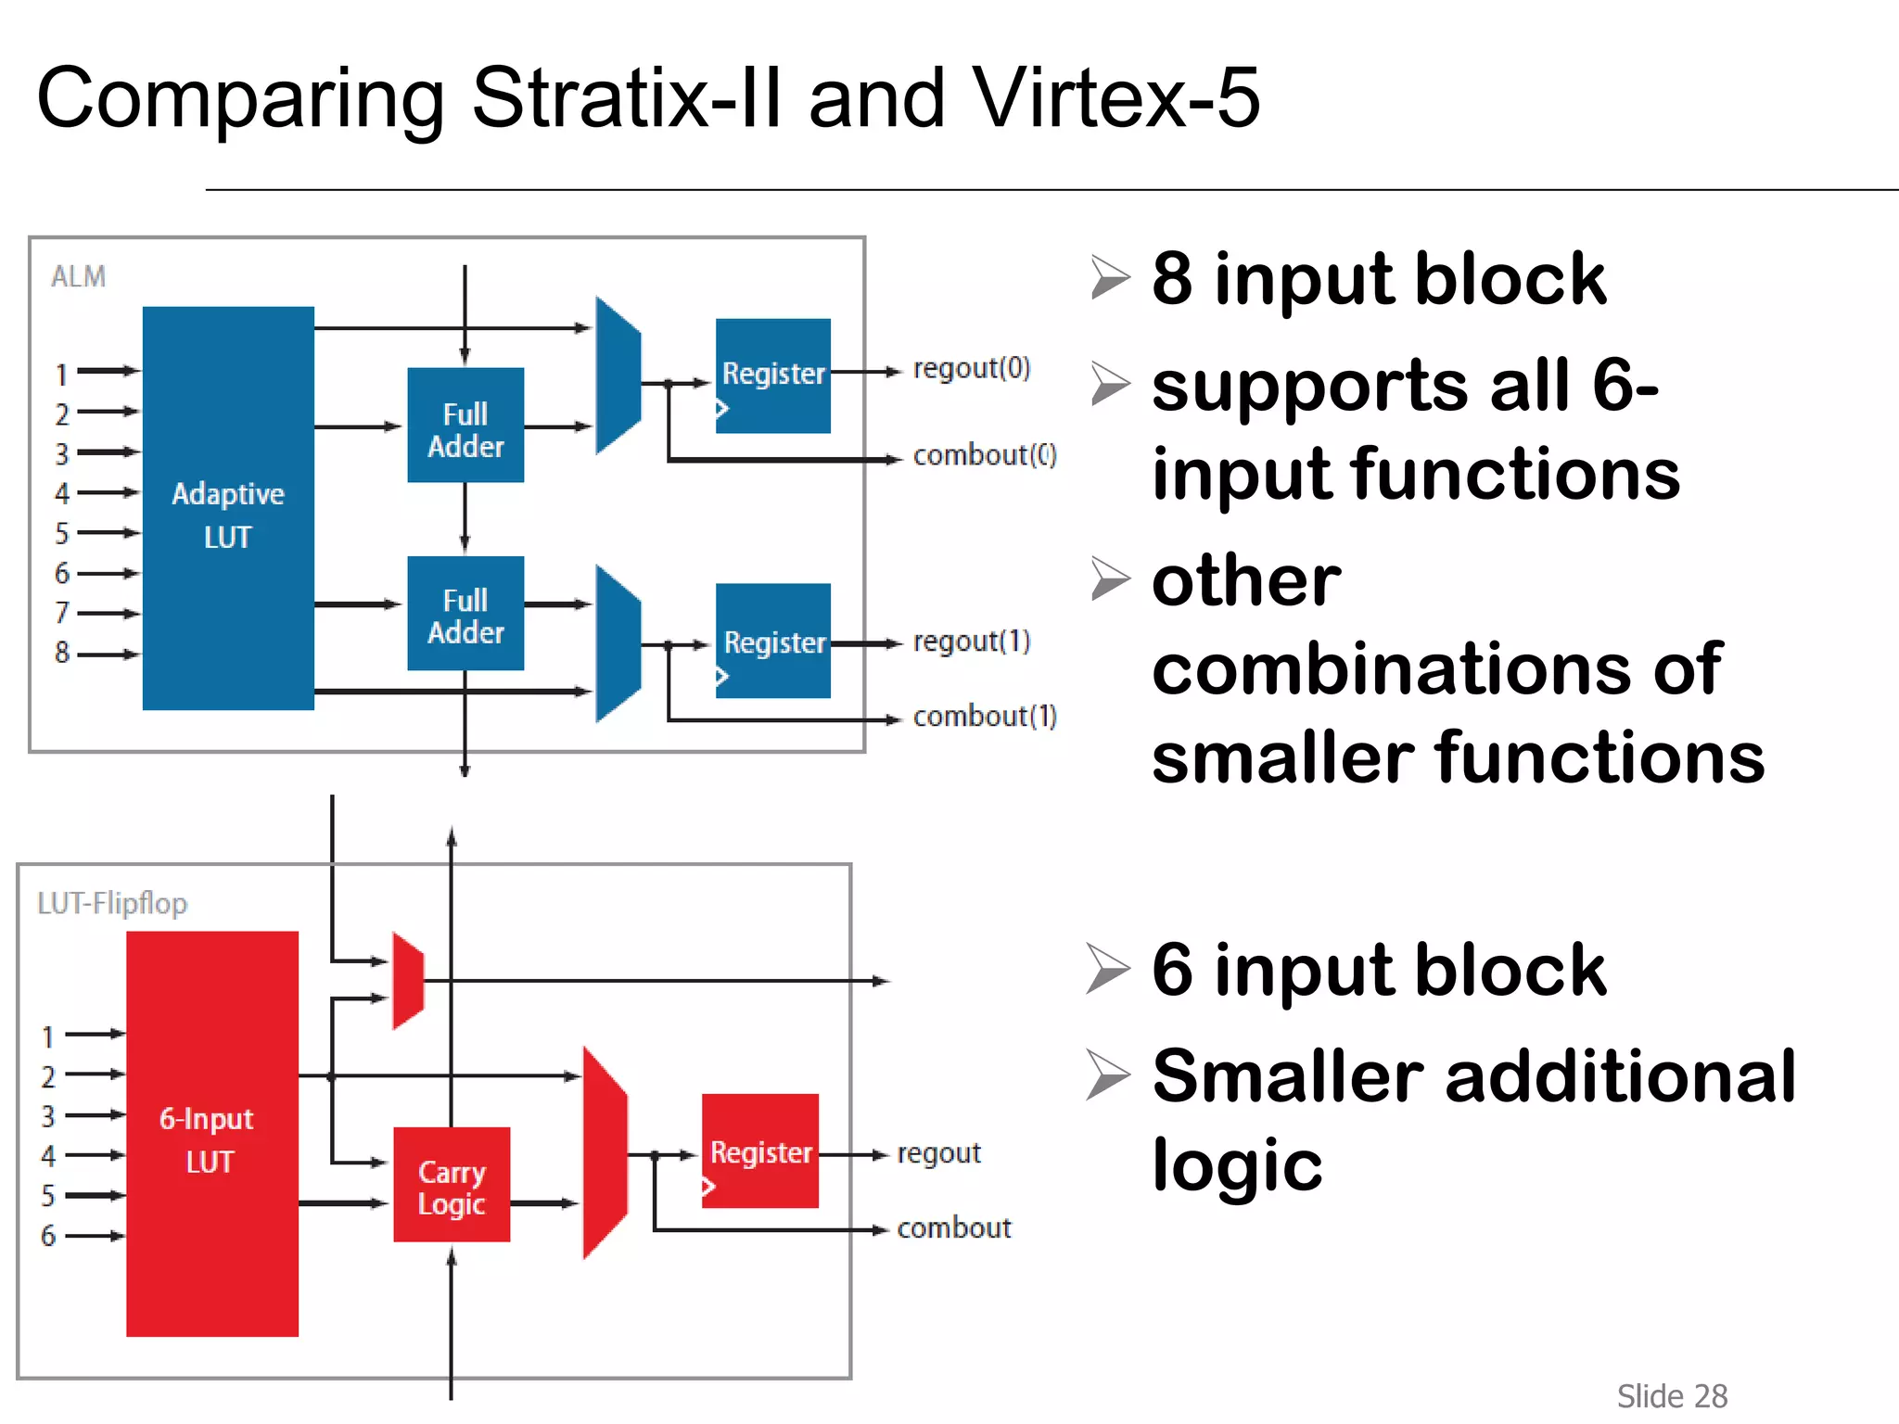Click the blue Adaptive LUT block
(x=228, y=508)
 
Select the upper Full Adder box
(x=465, y=426)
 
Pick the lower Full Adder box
(x=465, y=614)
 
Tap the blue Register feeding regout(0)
(x=773, y=375)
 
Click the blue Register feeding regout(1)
(x=773, y=641)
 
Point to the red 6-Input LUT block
(x=212, y=1133)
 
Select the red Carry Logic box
(x=452, y=1185)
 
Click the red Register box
(x=760, y=1151)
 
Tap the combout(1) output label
(x=985, y=717)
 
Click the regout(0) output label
(x=972, y=368)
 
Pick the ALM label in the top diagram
(x=79, y=276)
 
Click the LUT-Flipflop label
(x=112, y=903)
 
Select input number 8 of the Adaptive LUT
(x=62, y=653)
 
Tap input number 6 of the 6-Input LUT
(x=48, y=1235)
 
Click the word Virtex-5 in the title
(x=1116, y=98)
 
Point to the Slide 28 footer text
(x=1672, y=1395)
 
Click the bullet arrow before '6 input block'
(x=1108, y=970)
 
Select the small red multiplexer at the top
(x=408, y=981)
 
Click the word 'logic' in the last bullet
(x=1237, y=1165)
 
